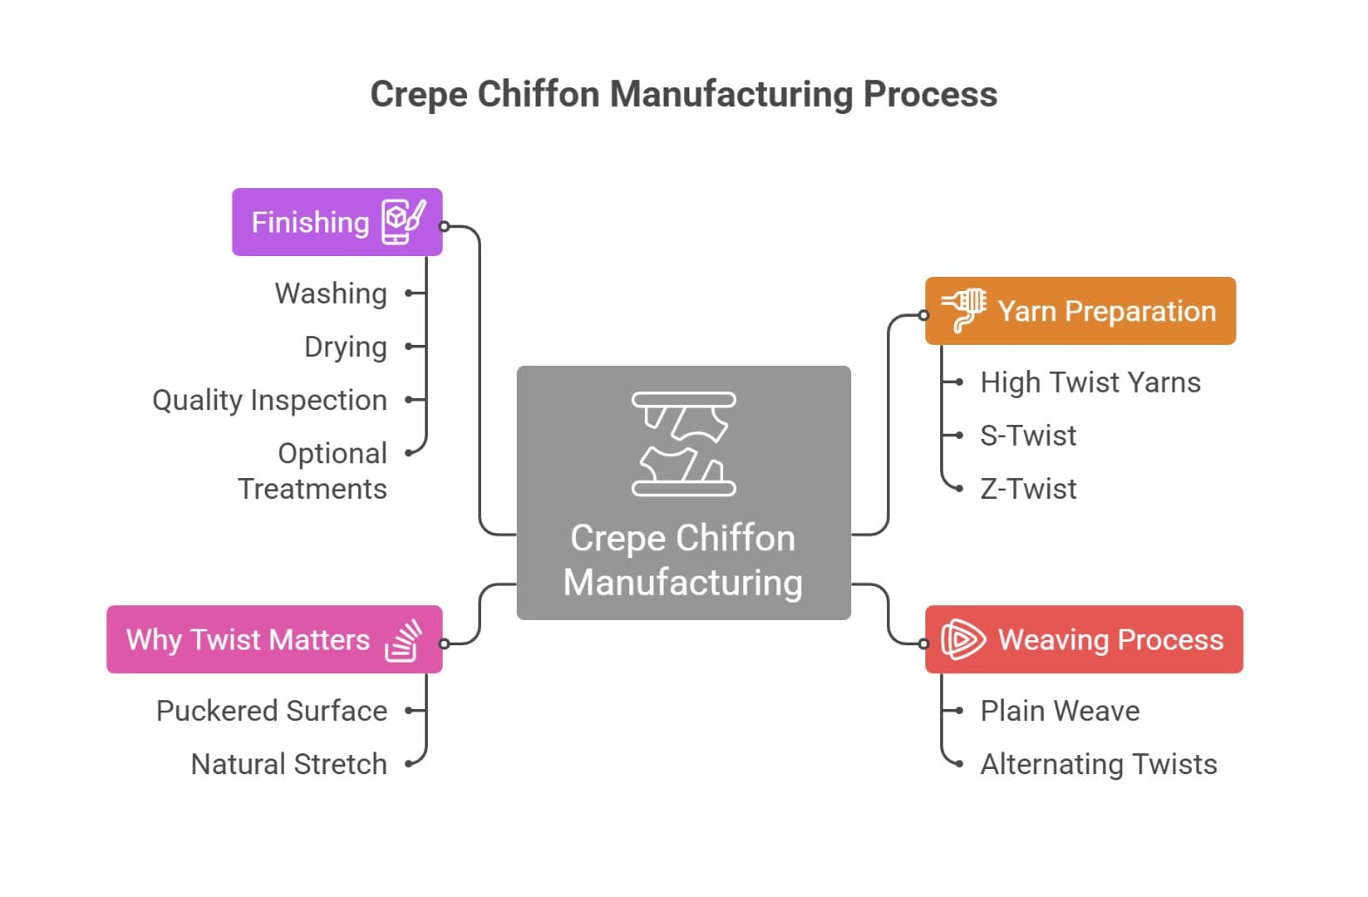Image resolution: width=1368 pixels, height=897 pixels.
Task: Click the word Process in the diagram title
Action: [930, 94]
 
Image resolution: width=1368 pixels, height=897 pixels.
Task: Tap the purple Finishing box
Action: [336, 222]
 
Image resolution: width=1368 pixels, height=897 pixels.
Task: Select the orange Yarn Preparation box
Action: [1080, 311]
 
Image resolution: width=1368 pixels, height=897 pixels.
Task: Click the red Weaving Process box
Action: [1083, 639]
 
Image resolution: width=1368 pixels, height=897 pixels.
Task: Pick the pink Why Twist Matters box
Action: [274, 639]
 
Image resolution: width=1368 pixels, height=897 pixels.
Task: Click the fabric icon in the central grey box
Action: [684, 444]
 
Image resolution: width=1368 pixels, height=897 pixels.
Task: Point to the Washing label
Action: [331, 293]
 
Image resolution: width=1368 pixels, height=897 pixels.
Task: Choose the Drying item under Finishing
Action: [346, 347]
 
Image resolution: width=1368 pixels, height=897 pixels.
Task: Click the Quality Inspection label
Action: [270, 400]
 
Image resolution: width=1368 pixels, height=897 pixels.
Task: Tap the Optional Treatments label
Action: [314, 471]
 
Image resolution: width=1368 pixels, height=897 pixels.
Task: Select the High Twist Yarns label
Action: [1090, 382]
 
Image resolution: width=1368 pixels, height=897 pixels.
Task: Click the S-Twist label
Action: [1028, 435]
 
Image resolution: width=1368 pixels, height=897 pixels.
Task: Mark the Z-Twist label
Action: [1028, 489]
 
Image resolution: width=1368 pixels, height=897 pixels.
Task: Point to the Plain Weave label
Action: [1060, 711]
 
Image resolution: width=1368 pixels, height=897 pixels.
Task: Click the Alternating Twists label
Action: [1099, 764]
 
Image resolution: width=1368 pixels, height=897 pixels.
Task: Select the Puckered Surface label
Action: [272, 711]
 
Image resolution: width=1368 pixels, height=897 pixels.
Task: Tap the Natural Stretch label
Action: [289, 764]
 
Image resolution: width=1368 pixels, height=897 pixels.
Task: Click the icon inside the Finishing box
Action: [403, 222]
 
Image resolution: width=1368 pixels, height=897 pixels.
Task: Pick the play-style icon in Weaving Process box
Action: [963, 639]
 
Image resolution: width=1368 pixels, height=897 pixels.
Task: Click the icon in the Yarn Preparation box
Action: [964, 310]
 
